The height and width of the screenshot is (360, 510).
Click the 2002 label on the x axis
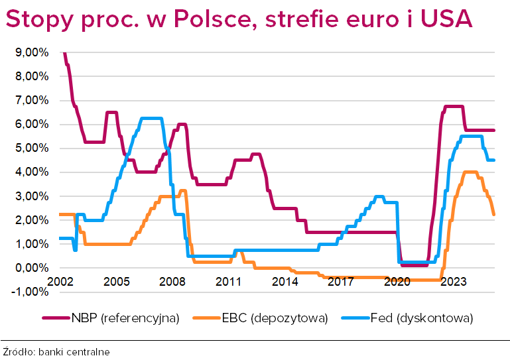coord(60,282)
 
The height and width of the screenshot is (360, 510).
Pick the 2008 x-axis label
coord(172,282)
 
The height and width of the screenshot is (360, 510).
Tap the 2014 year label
coord(285,282)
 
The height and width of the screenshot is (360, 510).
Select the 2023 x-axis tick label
coord(454,282)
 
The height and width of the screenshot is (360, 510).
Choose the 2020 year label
coord(397,282)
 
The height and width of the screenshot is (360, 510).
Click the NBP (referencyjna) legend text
coord(125,318)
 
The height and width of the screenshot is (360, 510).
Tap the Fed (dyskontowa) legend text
coord(422,318)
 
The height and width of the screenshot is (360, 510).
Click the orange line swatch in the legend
coord(206,319)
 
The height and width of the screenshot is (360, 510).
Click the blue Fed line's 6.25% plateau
coord(152,119)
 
